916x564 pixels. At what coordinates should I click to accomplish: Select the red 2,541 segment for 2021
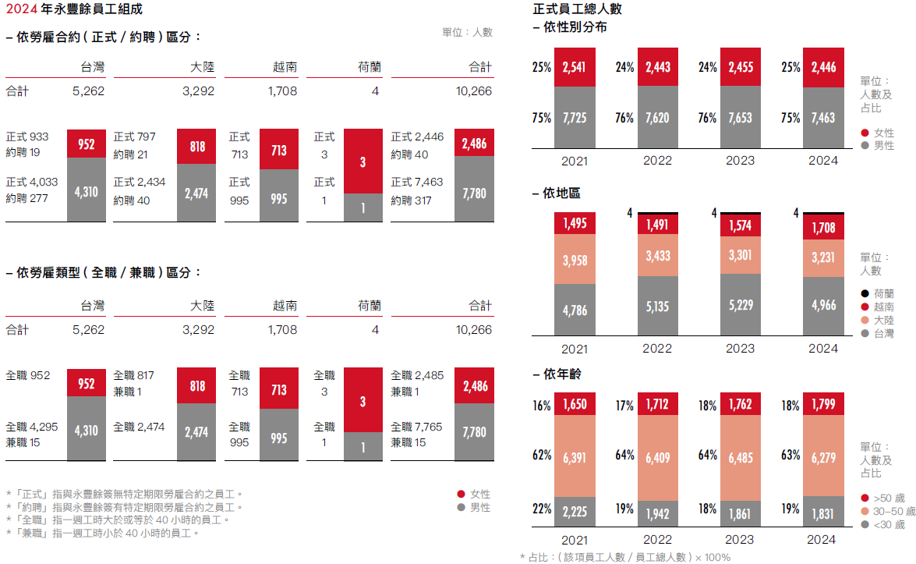(x=575, y=67)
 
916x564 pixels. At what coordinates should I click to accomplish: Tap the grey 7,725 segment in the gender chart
(x=575, y=118)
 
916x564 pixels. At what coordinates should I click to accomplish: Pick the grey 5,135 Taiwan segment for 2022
(x=658, y=307)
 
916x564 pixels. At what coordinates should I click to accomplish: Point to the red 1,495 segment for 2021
(x=575, y=223)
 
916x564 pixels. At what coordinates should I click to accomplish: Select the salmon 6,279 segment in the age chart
(x=823, y=455)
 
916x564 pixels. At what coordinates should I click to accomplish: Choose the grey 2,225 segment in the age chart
(x=575, y=512)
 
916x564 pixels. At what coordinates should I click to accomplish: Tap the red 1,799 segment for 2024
(x=823, y=404)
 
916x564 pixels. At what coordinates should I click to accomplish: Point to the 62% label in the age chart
(x=542, y=455)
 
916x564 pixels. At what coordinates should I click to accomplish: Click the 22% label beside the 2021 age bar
(x=542, y=509)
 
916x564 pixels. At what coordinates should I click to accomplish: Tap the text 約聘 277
(x=27, y=198)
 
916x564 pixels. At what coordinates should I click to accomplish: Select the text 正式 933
(x=27, y=137)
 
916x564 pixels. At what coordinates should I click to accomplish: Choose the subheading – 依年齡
(x=557, y=374)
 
